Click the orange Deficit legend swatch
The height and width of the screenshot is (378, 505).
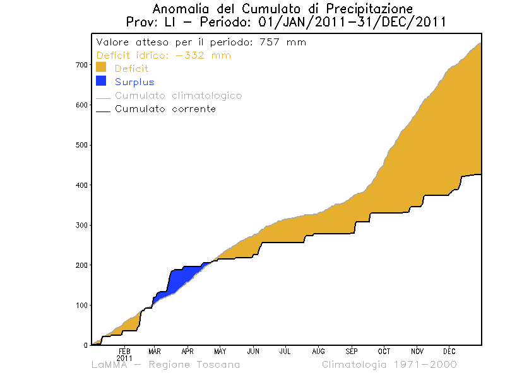click(101, 68)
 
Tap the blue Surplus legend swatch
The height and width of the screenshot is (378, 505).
click(101, 81)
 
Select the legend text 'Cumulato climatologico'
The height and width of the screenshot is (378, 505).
click(178, 96)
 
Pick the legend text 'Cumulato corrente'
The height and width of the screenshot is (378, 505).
click(165, 109)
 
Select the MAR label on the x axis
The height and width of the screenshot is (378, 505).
click(155, 351)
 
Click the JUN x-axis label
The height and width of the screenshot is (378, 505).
click(253, 351)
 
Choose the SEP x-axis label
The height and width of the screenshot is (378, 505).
click(352, 351)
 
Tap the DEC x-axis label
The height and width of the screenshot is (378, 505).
click(449, 351)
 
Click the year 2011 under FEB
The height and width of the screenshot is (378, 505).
click(124, 357)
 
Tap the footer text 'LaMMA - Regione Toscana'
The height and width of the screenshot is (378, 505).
click(165, 365)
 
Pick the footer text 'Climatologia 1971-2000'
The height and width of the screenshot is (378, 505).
click(389, 365)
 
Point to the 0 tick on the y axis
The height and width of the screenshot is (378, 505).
click(84, 345)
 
